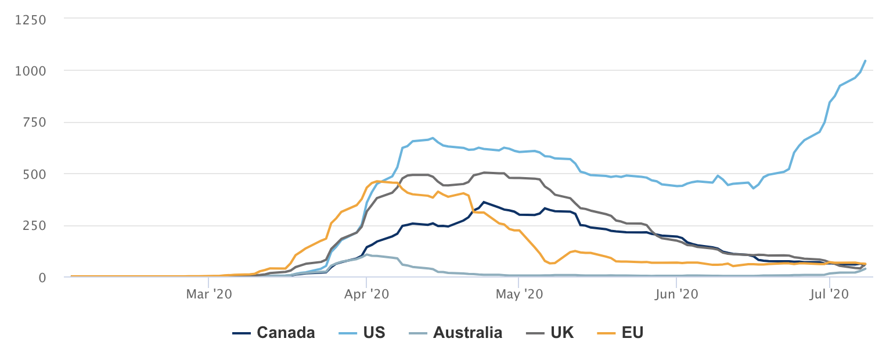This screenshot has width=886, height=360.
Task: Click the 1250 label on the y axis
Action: click(x=30, y=19)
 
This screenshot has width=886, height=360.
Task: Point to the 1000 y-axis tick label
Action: click(x=30, y=70)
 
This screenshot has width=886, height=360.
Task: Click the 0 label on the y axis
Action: click(x=41, y=277)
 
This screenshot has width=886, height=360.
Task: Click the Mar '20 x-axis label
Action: click(x=208, y=294)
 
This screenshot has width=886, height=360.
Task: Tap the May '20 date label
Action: click(x=519, y=294)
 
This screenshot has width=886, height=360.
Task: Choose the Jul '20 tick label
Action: click(x=830, y=294)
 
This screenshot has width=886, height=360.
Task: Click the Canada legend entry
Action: click(x=286, y=333)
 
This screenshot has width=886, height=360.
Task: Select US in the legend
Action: click(x=374, y=333)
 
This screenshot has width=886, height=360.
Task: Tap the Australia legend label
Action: click(x=467, y=333)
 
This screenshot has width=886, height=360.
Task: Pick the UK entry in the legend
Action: click(x=563, y=333)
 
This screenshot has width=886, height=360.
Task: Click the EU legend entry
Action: click(x=632, y=333)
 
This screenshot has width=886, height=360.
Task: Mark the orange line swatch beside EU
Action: click(x=606, y=333)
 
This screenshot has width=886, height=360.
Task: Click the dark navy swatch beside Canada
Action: click(x=241, y=333)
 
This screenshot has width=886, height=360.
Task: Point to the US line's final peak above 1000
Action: click(x=865, y=60)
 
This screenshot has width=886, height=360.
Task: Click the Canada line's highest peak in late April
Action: click(x=484, y=202)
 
